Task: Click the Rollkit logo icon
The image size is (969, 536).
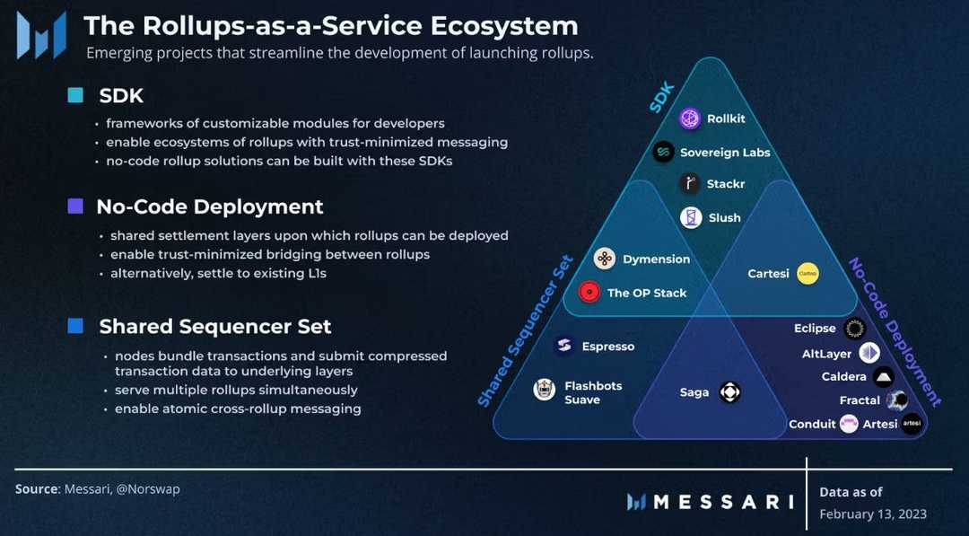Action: point(690,119)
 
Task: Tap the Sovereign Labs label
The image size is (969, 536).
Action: point(725,153)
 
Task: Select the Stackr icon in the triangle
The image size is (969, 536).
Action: point(690,184)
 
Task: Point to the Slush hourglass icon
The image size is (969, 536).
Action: point(691,217)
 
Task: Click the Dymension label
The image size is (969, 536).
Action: point(656,259)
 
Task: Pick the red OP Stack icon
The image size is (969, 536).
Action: point(589,292)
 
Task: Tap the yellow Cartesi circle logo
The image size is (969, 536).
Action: point(807,273)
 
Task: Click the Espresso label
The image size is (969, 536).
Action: point(607,346)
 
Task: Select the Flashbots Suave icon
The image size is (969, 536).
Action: point(544,390)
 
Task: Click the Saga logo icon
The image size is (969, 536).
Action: point(730,392)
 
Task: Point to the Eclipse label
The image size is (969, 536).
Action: point(815,329)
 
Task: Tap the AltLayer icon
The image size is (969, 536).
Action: point(869,353)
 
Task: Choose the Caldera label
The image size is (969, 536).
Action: point(843,376)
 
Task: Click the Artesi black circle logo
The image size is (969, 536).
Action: point(912,424)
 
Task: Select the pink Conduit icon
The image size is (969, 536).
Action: point(849,424)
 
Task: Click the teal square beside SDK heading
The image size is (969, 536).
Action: point(76,95)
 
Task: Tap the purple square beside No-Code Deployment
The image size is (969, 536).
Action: point(76,206)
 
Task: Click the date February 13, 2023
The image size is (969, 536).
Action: point(872,514)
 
